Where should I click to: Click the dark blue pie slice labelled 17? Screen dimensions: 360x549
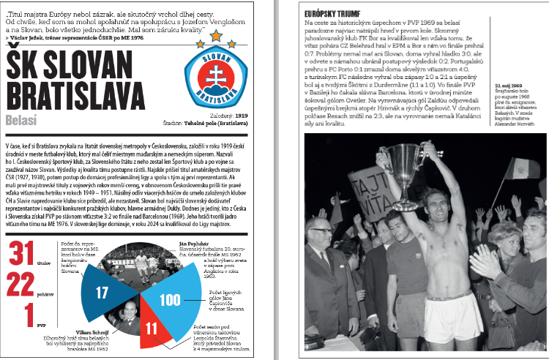pos(102,292)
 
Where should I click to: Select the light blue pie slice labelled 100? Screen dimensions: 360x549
pos(169,299)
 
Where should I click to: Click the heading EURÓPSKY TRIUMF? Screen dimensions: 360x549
pos(329,13)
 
